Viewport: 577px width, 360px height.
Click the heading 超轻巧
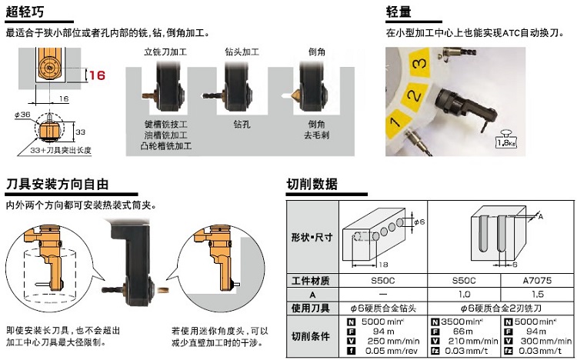[24, 12]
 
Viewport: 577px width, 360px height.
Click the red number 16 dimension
[96, 75]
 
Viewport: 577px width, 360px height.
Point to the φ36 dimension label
[22, 114]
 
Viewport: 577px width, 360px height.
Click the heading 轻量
[401, 12]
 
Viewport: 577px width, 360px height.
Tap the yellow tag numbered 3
[419, 61]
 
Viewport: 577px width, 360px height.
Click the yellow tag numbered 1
[395, 122]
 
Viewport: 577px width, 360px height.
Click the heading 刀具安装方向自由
[56, 185]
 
